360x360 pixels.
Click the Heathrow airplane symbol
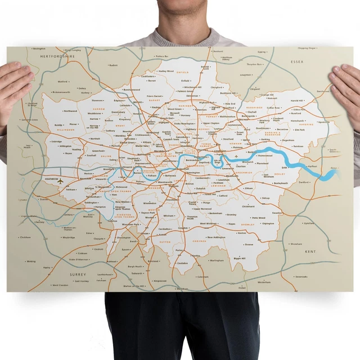coord(58,182)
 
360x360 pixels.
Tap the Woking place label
coord(31,261)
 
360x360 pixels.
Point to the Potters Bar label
coord(163,57)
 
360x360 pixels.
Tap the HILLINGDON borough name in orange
coord(66,129)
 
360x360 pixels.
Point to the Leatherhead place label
coord(105,274)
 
